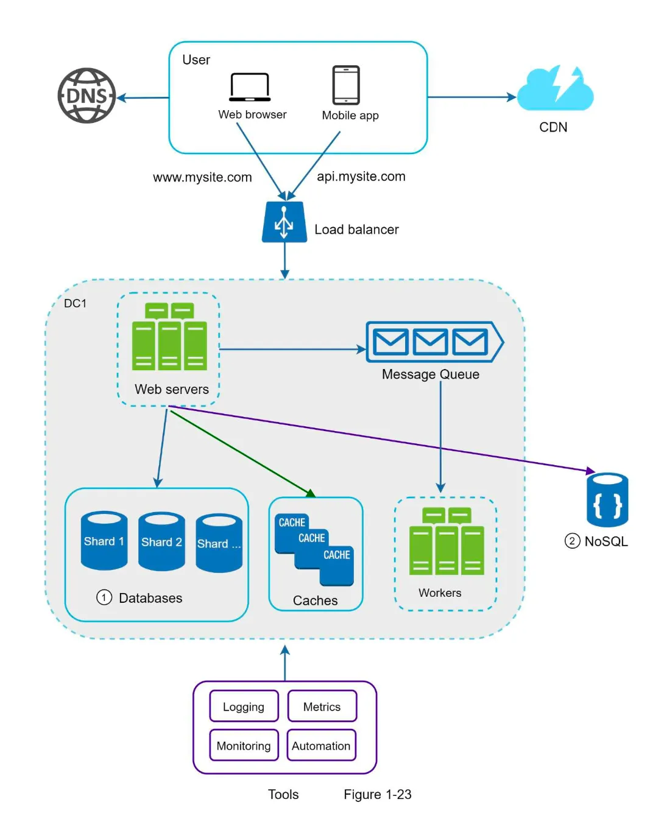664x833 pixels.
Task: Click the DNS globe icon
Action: [87, 96]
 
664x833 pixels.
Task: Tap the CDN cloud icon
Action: [555, 91]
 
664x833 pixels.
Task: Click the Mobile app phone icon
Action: [346, 85]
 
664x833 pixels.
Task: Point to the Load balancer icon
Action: [284, 222]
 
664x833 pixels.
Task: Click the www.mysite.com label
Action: [202, 177]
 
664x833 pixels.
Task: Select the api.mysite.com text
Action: [361, 177]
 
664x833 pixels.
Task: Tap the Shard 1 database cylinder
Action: [104, 541]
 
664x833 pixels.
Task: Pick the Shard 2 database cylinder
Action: [161, 541]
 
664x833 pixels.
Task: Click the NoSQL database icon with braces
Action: [607, 500]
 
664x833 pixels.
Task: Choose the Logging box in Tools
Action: [244, 706]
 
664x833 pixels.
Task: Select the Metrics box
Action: [322, 706]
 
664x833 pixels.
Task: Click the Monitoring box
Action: [244, 745]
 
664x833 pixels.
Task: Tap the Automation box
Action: [321, 745]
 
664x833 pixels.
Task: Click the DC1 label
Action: [76, 303]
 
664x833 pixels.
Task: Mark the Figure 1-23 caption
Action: [377, 794]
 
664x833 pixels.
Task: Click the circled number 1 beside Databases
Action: [104, 597]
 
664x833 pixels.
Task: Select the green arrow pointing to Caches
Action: [244, 454]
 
